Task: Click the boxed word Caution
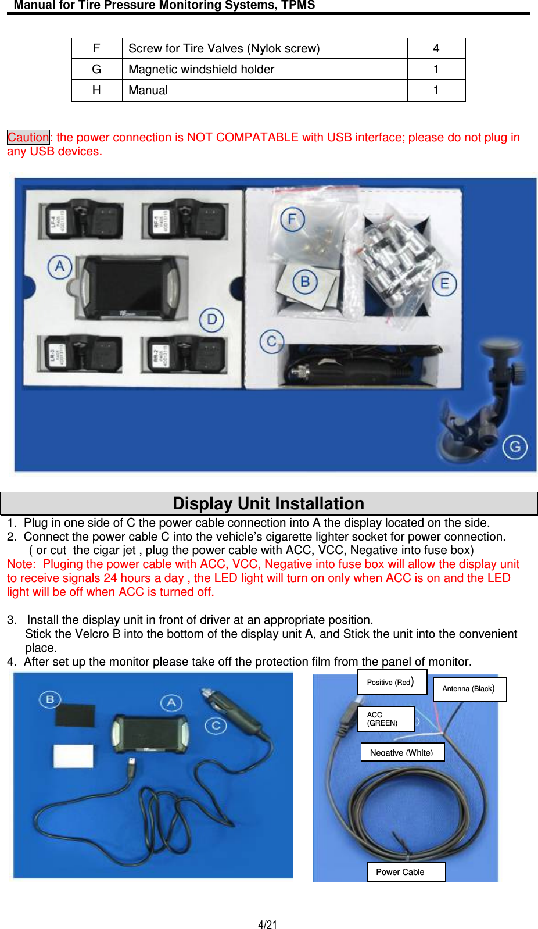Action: (28, 137)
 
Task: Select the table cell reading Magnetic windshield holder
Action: (201, 69)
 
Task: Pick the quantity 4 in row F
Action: (436, 48)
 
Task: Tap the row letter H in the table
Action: (96, 90)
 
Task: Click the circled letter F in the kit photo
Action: (292, 219)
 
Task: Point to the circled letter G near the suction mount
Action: (515, 447)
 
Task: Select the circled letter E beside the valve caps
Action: (444, 284)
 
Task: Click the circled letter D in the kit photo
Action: (212, 320)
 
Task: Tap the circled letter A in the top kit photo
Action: (60, 267)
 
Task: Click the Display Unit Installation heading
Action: (268, 503)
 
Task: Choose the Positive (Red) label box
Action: (392, 682)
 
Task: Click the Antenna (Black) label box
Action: (469, 689)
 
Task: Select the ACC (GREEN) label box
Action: (386, 719)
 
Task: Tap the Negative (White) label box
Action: (402, 752)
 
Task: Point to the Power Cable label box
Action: (406, 872)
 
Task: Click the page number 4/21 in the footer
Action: (268, 924)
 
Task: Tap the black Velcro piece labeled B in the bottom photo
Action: (75, 716)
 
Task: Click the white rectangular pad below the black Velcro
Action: (73, 756)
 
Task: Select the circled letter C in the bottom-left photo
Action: (216, 726)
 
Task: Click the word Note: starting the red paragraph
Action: (21, 564)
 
